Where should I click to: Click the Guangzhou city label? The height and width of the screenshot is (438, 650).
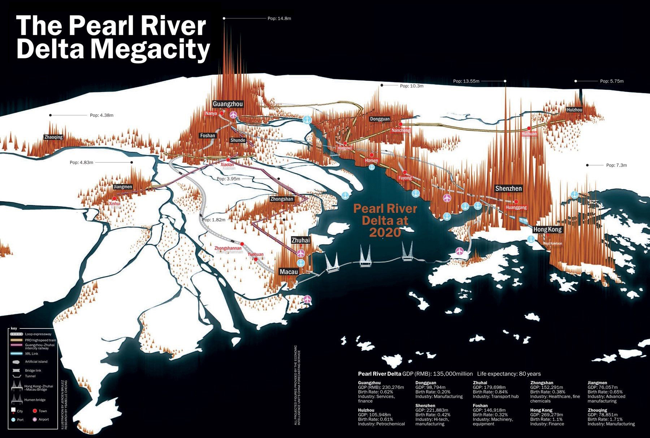[x=227, y=104]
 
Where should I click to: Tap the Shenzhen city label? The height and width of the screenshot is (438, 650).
[x=508, y=189]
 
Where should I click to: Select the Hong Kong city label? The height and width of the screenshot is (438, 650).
[x=547, y=230]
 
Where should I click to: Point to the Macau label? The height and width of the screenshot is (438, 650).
[x=289, y=272]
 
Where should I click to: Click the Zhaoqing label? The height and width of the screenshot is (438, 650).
[x=53, y=137]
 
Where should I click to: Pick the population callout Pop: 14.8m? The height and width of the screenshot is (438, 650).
[x=279, y=18]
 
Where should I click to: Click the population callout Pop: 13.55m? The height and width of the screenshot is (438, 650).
[x=466, y=81]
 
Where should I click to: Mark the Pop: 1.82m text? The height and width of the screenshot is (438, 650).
[x=213, y=220]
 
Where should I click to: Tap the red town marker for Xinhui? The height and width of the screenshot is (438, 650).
[x=114, y=199]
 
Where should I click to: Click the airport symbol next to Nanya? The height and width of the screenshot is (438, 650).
[x=233, y=115]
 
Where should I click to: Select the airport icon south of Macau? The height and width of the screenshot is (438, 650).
[x=307, y=299]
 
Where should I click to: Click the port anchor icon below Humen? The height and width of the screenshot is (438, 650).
[x=371, y=167]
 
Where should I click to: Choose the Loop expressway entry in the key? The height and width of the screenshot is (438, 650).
[x=38, y=334]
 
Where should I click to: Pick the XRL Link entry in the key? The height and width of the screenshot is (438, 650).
[x=31, y=354]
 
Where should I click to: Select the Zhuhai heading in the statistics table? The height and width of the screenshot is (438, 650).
[x=480, y=383]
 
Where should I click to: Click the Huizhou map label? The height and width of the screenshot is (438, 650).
[x=574, y=110]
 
